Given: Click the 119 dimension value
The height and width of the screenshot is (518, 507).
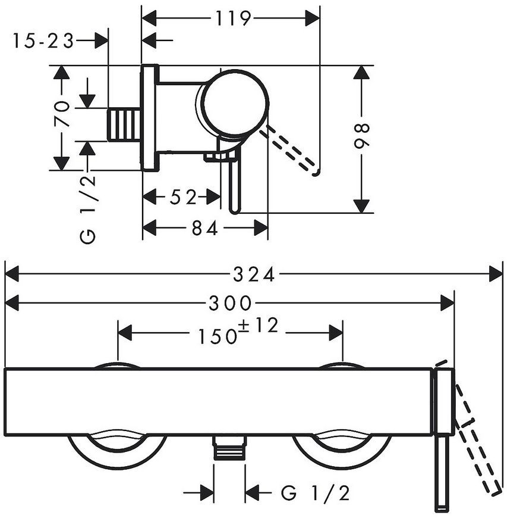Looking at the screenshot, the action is point(233,18).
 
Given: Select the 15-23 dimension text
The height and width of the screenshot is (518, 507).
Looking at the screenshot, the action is point(43,41).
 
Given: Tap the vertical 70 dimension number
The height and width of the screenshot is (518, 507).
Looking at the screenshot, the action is point(62,114).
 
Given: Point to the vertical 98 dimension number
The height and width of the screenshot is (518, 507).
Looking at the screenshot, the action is point(362,136).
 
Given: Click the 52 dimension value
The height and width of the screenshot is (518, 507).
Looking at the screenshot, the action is point(183,198).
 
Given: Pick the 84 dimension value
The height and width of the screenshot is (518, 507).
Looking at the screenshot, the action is point(205,228).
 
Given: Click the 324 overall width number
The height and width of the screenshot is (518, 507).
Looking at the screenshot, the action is point(254,274).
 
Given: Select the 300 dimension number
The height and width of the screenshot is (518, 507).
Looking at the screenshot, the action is point(230,303).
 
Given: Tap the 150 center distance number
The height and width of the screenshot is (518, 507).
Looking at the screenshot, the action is point(218,336).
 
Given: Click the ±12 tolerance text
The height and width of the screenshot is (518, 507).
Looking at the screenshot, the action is point(259,326).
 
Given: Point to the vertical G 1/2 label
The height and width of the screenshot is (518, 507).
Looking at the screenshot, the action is point(88,209).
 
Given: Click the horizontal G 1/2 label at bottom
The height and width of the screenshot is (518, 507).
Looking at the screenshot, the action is point(315,494).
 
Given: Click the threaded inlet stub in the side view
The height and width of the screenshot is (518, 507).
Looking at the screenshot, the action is point(124,124).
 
